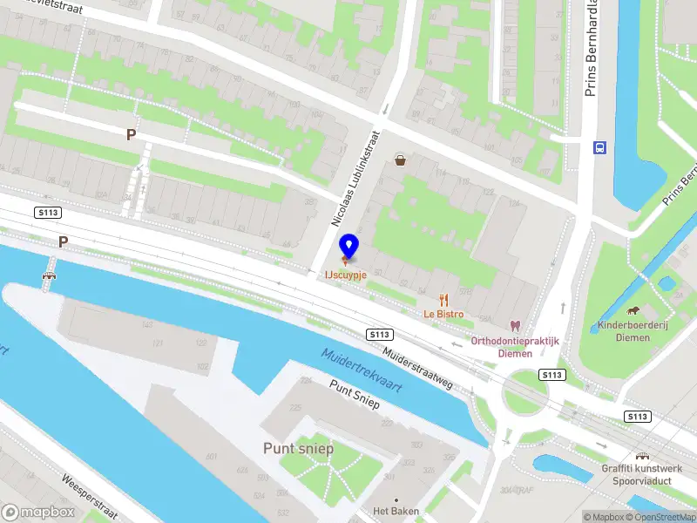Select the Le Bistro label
pos(443,314)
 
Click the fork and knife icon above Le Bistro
pos(443,299)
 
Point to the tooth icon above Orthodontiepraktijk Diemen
pos(515,325)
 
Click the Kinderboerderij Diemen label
pos(633,331)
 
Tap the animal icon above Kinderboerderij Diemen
pos(633,311)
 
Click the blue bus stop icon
pos(599,147)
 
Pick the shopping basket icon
pos(400,160)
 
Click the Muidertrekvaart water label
pos(361,370)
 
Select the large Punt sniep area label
pos(298,448)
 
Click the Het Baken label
pos(396,511)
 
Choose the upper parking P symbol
pos(131,135)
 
